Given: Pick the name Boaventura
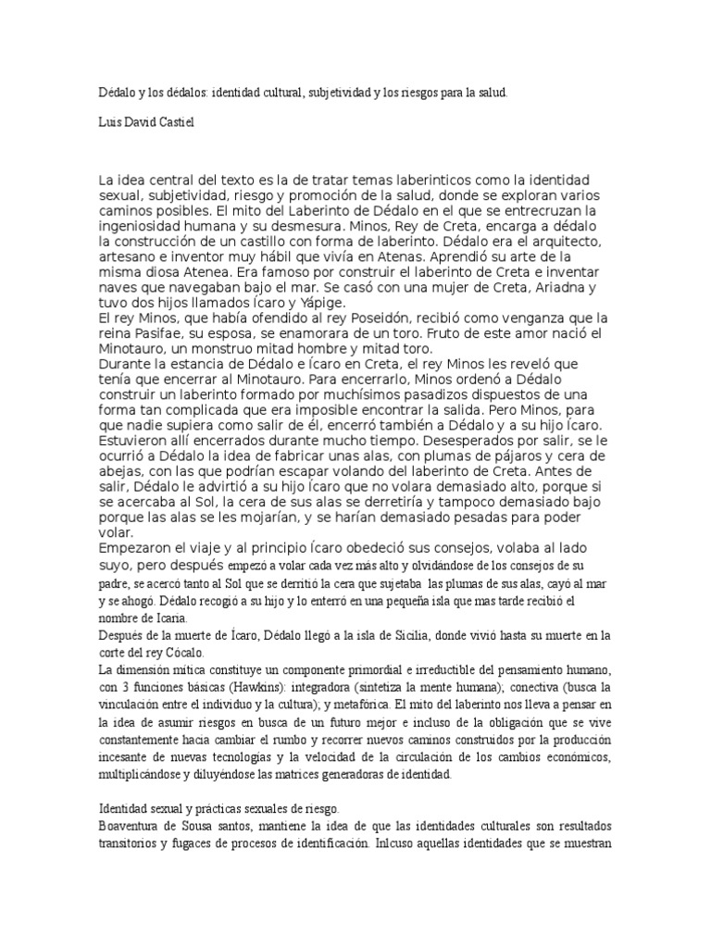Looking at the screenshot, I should (x=136, y=824).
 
